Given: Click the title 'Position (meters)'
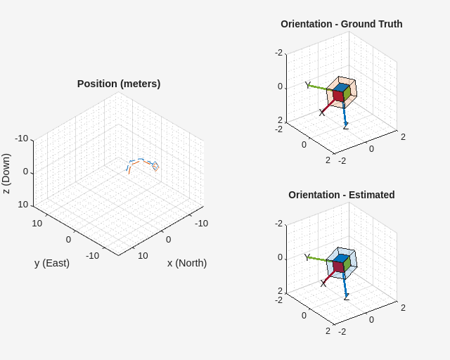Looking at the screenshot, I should click(x=119, y=84).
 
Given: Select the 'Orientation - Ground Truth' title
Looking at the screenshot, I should click(x=341, y=24).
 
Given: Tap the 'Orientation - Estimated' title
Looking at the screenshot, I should click(x=341, y=195).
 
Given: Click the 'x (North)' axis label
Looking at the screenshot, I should click(x=186, y=263).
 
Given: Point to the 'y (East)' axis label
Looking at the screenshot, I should click(x=52, y=263).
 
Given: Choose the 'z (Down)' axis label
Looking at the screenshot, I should click(x=6, y=174).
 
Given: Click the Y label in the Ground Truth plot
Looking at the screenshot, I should click(x=307, y=85).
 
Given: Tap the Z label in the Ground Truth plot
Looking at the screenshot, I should click(x=345, y=127).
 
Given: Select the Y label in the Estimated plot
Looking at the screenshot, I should click(x=307, y=257).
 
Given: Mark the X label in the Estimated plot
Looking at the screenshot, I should click(x=323, y=283).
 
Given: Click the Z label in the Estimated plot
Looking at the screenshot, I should click(x=346, y=297).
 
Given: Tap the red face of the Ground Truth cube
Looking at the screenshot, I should click(x=337, y=96).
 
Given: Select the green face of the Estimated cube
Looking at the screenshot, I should click(x=346, y=264).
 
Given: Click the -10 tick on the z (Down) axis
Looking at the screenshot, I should click(x=22, y=139).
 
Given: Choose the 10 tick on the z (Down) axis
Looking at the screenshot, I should click(x=23, y=205).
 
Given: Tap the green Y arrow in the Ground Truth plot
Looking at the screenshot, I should click(x=320, y=88).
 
